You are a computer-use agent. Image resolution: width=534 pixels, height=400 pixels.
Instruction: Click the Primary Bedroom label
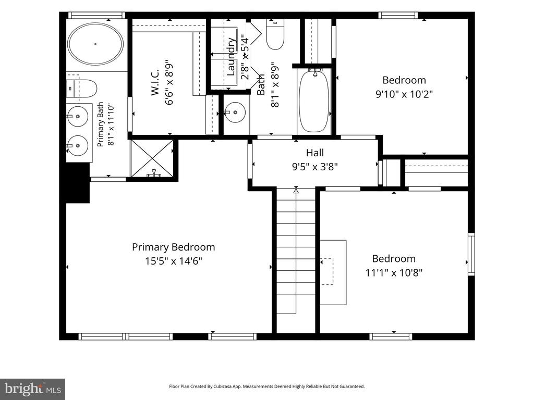coord(173,247)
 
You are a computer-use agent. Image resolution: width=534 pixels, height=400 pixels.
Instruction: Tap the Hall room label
coord(314,153)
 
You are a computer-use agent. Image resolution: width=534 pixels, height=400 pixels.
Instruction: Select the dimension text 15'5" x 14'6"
coord(174,261)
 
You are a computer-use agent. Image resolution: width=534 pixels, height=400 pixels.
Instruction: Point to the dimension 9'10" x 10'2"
coord(404,94)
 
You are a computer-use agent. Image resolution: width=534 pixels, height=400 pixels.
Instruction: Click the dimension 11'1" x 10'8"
coord(394,273)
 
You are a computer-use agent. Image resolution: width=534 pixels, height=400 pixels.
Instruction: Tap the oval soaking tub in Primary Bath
coord(95,44)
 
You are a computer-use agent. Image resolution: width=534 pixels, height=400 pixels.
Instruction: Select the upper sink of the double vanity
coord(78,116)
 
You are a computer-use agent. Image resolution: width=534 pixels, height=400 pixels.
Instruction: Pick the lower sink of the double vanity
coord(78,146)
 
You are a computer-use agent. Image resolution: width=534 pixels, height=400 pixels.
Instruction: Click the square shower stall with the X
coord(152,158)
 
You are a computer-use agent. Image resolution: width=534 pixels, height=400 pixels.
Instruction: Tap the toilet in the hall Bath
coord(275,34)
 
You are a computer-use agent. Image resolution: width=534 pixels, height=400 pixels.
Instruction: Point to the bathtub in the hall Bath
coord(314,101)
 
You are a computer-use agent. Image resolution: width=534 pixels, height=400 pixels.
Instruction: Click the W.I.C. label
coord(155,82)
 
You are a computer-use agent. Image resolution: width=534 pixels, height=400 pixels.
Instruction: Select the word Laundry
coord(231,56)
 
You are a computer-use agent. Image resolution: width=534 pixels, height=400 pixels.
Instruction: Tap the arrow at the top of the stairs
coord(296,191)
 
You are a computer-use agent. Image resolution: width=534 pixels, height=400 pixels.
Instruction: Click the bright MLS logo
coord(33,389)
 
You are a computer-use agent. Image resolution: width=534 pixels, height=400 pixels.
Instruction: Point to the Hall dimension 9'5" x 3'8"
coord(314,167)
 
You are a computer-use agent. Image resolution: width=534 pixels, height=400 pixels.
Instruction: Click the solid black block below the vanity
coord(78,183)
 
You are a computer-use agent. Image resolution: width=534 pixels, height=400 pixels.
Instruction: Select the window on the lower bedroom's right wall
coord(471,254)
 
